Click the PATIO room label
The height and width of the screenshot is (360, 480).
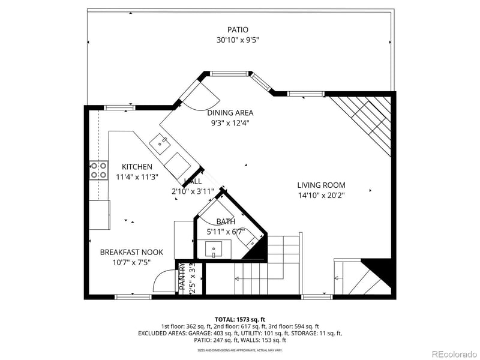coord(238,29)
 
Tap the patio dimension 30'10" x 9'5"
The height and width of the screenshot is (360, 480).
coord(238,40)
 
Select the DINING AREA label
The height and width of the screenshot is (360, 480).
coord(230,113)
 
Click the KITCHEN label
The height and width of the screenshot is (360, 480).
coord(137,167)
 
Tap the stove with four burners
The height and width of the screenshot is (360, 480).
coord(98,170)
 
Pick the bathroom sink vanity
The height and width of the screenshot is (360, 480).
coord(214,248)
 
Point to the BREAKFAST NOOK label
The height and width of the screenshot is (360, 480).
coord(131,253)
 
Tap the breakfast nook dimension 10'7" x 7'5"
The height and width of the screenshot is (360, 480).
coord(131,263)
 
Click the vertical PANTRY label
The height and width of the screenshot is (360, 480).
coord(183,277)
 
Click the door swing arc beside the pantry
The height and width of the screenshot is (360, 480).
coord(163,281)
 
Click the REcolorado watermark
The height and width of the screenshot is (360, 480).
coord(452,353)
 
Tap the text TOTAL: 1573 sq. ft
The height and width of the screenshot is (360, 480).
coord(240,319)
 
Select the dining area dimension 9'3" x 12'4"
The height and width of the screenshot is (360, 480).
coord(230,123)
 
